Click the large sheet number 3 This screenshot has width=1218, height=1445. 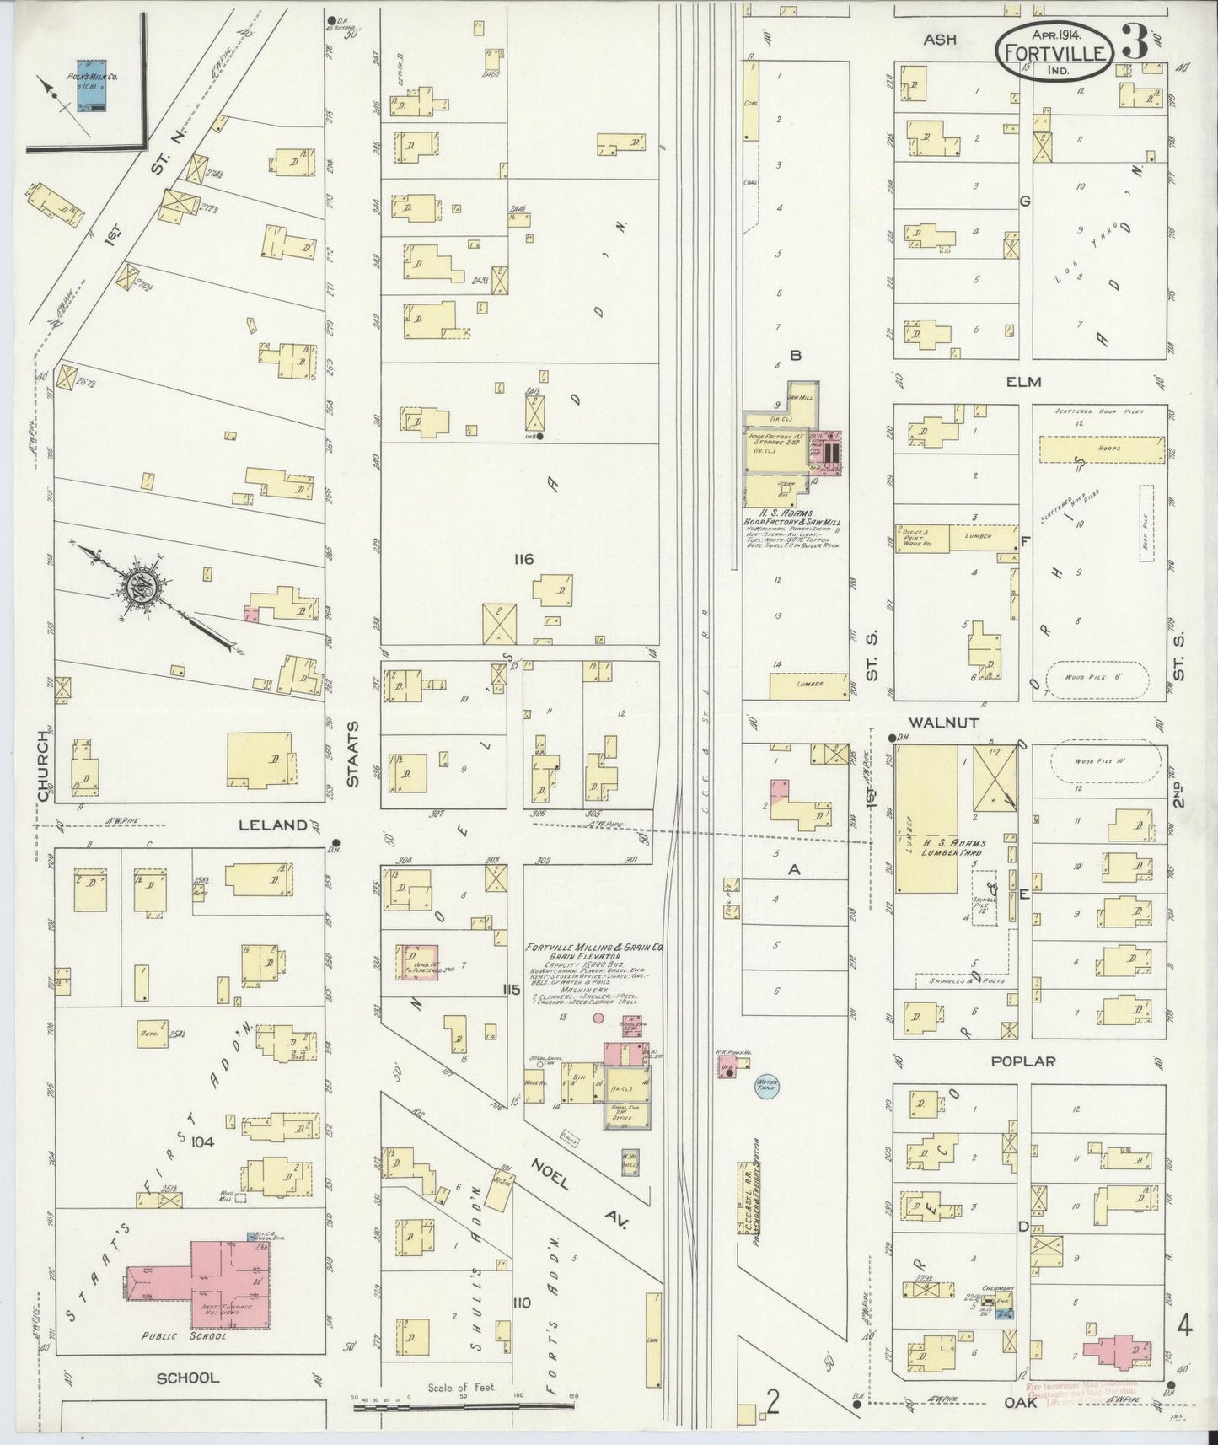1135,44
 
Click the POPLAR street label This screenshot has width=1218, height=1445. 1022,1061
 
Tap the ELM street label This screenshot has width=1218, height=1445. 1022,382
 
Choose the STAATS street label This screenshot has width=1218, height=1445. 353,753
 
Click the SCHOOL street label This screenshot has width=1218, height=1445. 188,1378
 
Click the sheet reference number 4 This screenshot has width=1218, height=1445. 1183,1327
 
